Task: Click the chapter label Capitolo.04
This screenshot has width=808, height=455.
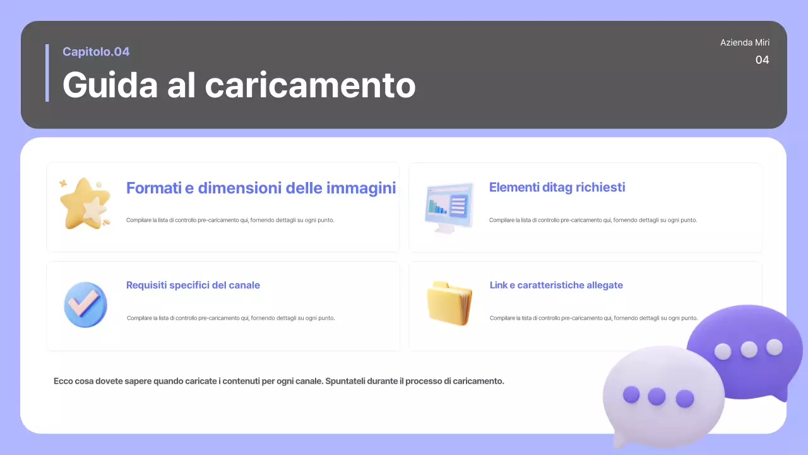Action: click(x=96, y=52)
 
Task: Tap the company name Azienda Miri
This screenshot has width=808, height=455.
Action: click(x=745, y=42)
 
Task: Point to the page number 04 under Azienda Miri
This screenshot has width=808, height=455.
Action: click(x=762, y=60)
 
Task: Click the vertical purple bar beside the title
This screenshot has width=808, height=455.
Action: click(x=47, y=73)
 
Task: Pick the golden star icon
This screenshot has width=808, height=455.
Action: click(x=85, y=203)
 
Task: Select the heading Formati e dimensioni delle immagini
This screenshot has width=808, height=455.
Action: click(x=261, y=188)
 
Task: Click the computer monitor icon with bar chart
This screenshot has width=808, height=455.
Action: click(x=449, y=207)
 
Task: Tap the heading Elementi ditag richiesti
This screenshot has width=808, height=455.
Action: click(x=557, y=187)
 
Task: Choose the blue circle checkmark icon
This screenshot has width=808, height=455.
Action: click(x=85, y=305)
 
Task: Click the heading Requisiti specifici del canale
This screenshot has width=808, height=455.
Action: click(x=193, y=285)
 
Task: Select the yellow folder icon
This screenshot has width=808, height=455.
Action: click(x=449, y=303)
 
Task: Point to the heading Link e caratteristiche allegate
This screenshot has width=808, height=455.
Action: click(x=556, y=285)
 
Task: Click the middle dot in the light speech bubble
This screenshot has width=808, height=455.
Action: click(x=656, y=396)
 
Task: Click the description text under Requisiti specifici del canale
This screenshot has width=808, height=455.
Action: click(x=230, y=318)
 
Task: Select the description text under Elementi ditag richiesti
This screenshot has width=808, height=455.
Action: click(x=593, y=220)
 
